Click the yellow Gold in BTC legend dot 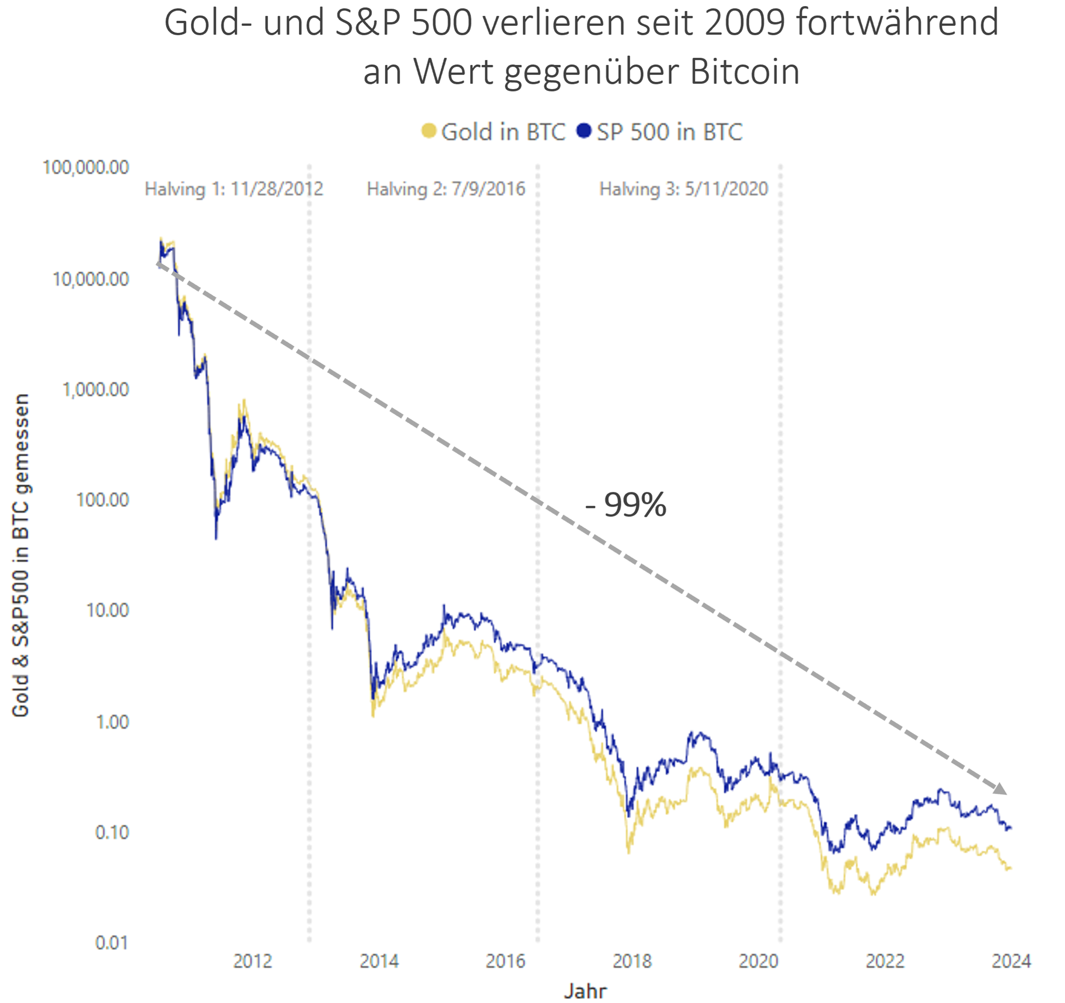point(429,131)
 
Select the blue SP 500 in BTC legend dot point(584,131)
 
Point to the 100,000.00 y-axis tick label point(86,168)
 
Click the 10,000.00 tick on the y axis point(91,279)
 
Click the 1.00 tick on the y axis point(112,722)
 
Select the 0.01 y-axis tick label point(112,942)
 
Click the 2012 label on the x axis point(253,962)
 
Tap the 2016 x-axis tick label point(505,962)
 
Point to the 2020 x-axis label point(758,962)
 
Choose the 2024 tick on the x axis point(1011,962)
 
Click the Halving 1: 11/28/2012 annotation point(234,189)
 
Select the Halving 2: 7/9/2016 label point(446,189)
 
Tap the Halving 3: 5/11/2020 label point(684,189)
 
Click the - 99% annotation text point(626,504)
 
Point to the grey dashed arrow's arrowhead point(1000,789)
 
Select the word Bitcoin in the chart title point(745,71)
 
